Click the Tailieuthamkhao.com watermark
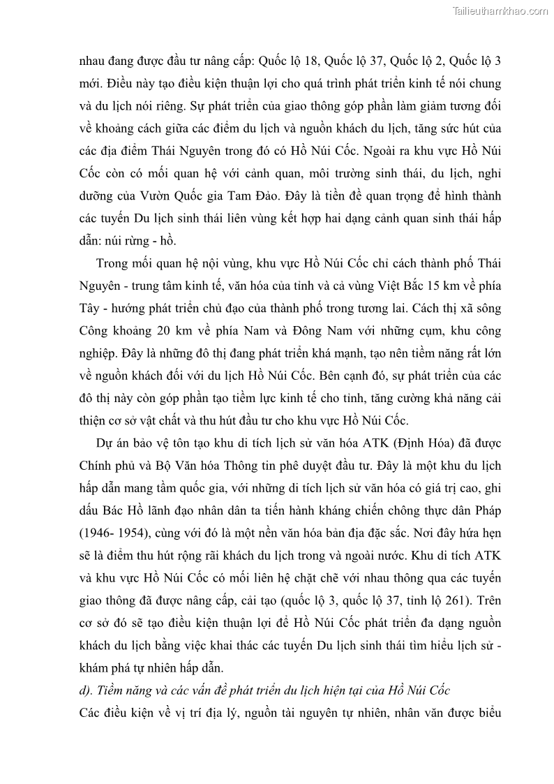[500, 10]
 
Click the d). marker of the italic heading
[87, 690]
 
